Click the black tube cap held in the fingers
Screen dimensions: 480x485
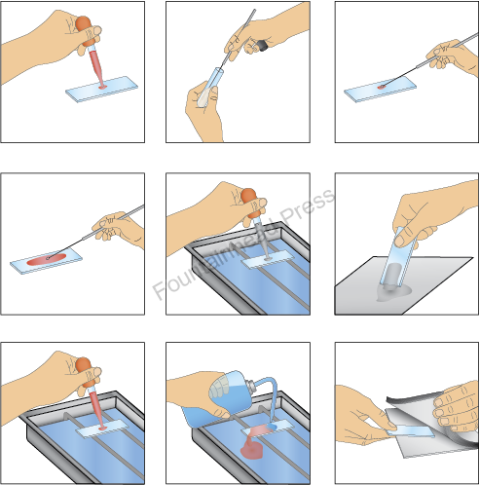click(x=262, y=46)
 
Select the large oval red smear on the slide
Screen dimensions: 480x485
click(x=46, y=259)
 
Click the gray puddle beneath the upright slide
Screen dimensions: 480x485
click(x=394, y=291)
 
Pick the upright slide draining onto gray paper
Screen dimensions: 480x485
click(x=398, y=257)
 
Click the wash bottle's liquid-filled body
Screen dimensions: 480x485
click(x=228, y=389)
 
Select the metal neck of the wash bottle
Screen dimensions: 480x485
click(x=251, y=386)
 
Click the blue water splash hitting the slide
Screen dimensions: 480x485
click(x=271, y=426)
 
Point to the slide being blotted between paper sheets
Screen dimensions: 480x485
click(x=410, y=431)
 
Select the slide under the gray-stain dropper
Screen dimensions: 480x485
click(x=268, y=259)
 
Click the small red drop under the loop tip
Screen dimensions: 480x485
click(x=382, y=87)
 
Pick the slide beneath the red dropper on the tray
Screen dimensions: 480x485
click(x=102, y=429)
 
